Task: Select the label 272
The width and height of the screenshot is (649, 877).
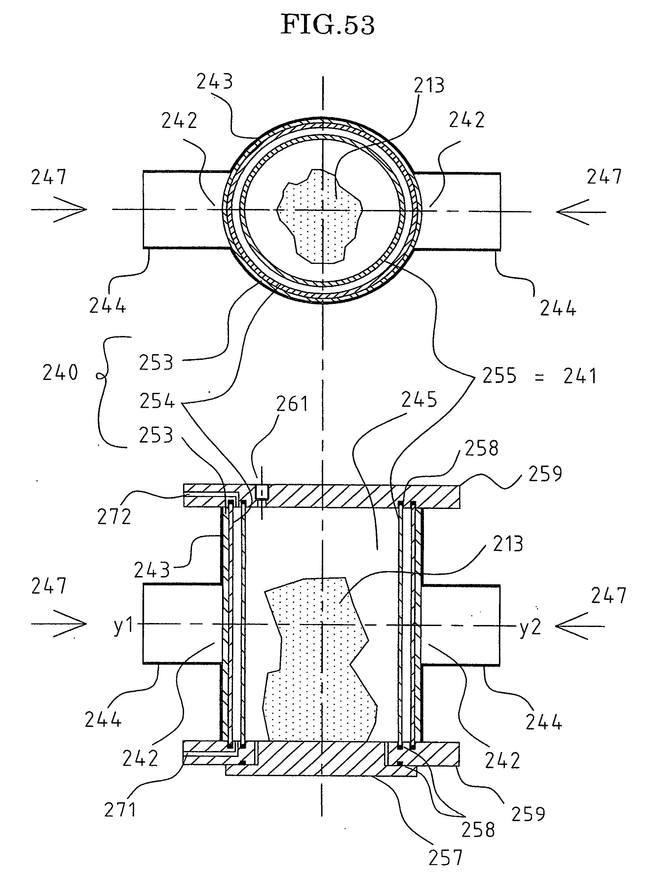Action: click(x=114, y=517)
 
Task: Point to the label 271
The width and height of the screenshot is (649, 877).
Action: click(x=120, y=810)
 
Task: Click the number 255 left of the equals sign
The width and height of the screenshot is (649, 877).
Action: click(x=499, y=375)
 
